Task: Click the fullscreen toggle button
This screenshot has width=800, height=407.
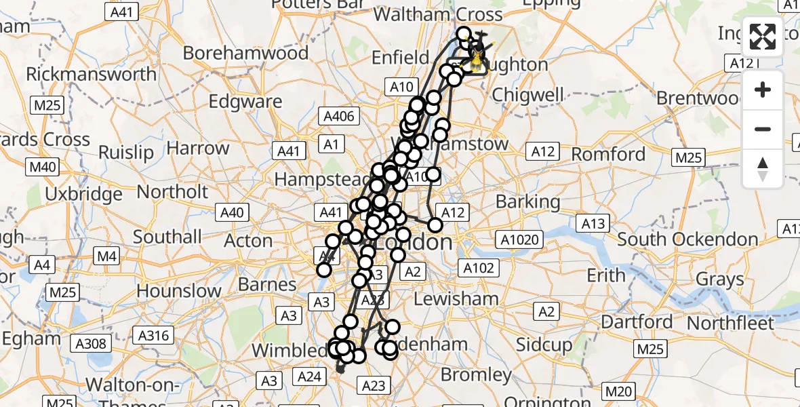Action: pyautogui.click(x=763, y=37)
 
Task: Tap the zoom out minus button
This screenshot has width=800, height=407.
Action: pyautogui.click(x=763, y=129)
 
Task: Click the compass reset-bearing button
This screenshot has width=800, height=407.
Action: pyautogui.click(x=763, y=169)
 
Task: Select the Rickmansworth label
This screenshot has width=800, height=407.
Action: pyautogui.click(x=91, y=73)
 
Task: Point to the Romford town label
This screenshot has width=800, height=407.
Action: pyautogui.click(x=608, y=155)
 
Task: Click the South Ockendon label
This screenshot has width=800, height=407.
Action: pyautogui.click(x=687, y=239)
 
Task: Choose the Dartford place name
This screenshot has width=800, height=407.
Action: pyautogui.click(x=638, y=321)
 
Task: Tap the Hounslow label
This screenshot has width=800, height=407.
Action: pyautogui.click(x=178, y=291)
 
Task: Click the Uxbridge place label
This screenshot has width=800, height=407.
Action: pyautogui.click(x=83, y=194)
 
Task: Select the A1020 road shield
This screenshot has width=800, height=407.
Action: pyautogui.click(x=519, y=239)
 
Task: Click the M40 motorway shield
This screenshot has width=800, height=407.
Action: pyautogui.click(x=42, y=166)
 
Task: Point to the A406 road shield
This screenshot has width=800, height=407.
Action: pyautogui.click(x=339, y=116)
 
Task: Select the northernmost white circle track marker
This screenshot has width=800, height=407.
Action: pyautogui.click(x=463, y=34)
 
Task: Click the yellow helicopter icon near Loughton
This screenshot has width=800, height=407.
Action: pyautogui.click(x=477, y=62)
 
